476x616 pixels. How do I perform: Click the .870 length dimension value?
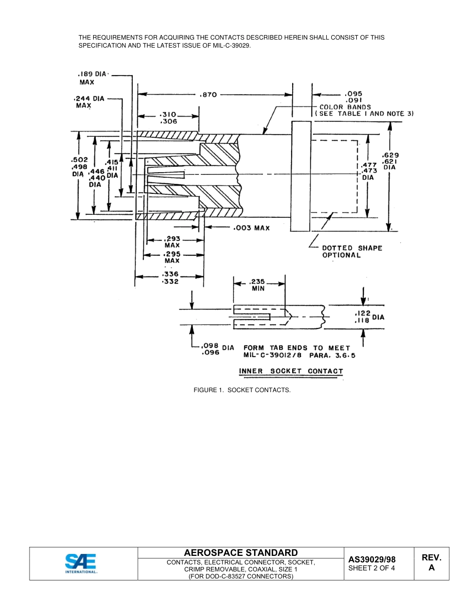[x=208, y=94]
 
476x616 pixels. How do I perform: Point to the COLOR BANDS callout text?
[x=345, y=107]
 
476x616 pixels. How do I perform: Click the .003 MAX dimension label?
[x=251, y=228]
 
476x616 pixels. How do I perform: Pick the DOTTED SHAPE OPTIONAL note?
[x=352, y=251]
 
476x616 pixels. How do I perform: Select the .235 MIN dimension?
[x=258, y=284]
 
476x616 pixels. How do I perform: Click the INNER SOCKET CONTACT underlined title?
[x=291, y=371]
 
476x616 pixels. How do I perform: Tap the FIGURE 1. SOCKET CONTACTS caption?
[x=242, y=390]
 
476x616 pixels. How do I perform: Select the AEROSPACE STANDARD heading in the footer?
[x=241, y=552]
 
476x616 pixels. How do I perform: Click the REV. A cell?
[x=431, y=563]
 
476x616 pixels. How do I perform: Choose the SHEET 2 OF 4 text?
[x=371, y=568]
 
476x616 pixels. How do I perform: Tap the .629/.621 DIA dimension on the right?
[x=390, y=161]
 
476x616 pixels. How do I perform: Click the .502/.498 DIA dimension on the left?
[x=79, y=167]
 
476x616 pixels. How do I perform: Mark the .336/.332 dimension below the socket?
[x=170, y=277]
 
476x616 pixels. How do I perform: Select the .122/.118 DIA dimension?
[x=370, y=317]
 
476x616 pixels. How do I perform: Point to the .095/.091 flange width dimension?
[x=354, y=96]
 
